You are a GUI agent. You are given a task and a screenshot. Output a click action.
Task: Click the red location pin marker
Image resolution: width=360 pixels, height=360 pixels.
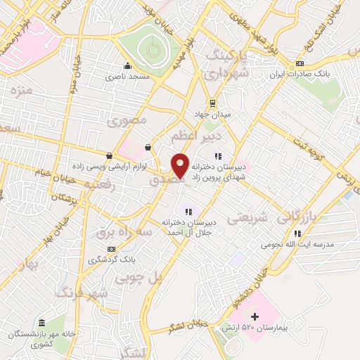pos(180,166)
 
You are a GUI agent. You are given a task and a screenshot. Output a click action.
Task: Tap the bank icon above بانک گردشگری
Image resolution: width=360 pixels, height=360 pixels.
pos(111,248)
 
